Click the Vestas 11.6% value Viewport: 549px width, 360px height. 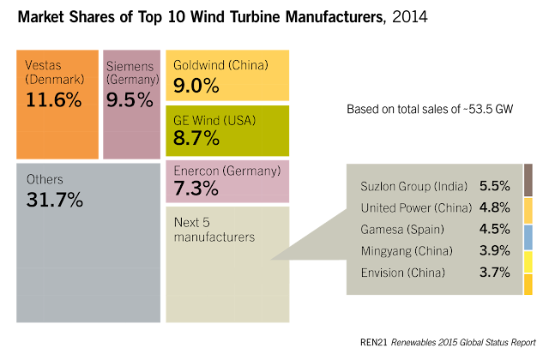click(x=54, y=99)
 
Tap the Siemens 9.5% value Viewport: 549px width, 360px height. click(x=129, y=99)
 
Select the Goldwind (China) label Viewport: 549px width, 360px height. click(x=220, y=64)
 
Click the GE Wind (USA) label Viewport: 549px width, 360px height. click(x=214, y=120)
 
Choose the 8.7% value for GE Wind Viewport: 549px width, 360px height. click(x=196, y=138)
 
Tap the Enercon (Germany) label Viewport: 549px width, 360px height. click(x=226, y=171)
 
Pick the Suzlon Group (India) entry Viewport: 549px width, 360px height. click(x=413, y=186)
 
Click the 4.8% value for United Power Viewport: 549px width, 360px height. click(x=495, y=207)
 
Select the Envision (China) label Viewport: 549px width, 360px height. click(x=403, y=273)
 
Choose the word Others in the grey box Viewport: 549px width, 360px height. click(x=45, y=179)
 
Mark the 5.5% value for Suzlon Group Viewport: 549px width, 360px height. click(x=495, y=186)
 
